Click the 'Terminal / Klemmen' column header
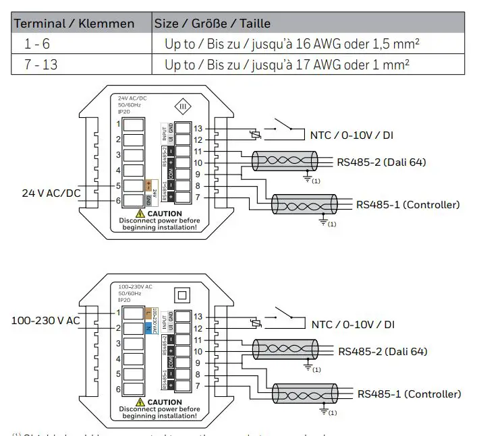(74, 24)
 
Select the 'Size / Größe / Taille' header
(213, 24)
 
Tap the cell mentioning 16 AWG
(298, 44)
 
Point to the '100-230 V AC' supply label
(46, 320)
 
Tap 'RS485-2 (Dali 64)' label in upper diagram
(381, 162)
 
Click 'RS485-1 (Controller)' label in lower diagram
(409, 394)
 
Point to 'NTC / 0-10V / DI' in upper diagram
(351, 135)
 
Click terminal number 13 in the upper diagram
(198, 128)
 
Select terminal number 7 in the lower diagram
(198, 386)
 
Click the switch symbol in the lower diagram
(283, 314)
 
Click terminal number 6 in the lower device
(118, 390)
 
